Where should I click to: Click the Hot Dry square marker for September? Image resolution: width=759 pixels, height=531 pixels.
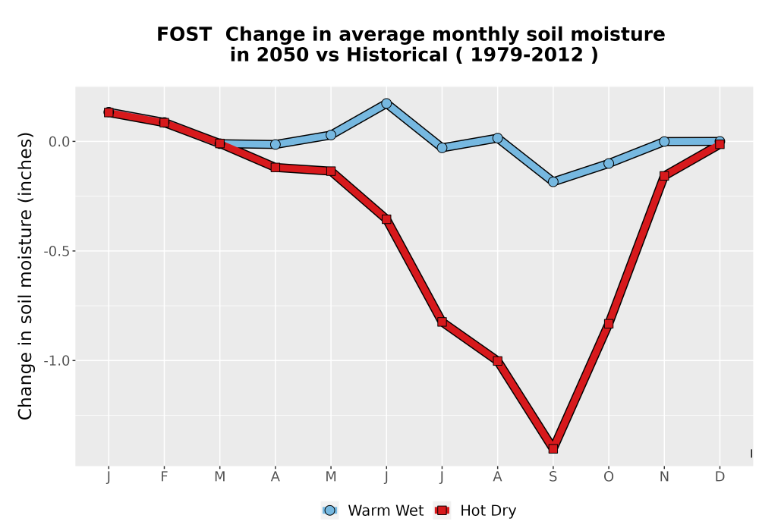pyautogui.click(x=553, y=448)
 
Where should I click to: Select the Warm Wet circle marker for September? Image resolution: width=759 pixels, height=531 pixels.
pyautogui.click(x=553, y=182)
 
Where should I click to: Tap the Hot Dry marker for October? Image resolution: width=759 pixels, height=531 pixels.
pyautogui.click(x=609, y=324)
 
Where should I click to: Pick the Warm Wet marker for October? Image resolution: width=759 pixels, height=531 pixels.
pyautogui.click(x=609, y=163)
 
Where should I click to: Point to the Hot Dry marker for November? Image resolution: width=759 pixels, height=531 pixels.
pyautogui.click(x=664, y=175)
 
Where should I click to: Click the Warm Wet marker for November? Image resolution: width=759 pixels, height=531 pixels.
pyautogui.click(x=664, y=141)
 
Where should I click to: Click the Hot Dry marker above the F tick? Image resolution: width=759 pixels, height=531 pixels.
pyautogui.click(x=164, y=122)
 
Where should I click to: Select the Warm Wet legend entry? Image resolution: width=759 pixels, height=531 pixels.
pyautogui.click(x=372, y=511)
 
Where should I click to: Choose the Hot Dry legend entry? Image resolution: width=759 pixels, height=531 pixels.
pyautogui.click(x=475, y=511)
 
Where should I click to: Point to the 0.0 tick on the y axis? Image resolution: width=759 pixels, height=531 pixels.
pyautogui.click(x=59, y=142)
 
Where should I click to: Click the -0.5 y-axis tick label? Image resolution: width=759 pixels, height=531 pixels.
pyautogui.click(x=57, y=252)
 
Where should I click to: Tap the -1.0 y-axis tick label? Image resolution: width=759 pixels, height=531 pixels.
pyautogui.click(x=57, y=361)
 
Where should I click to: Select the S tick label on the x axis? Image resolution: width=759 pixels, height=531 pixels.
pyautogui.click(x=553, y=477)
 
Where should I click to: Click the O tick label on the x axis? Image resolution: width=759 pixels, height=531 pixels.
pyautogui.click(x=609, y=477)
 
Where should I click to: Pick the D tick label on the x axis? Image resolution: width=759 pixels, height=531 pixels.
pyautogui.click(x=720, y=477)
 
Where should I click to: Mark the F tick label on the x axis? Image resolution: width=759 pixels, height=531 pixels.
pyautogui.click(x=164, y=477)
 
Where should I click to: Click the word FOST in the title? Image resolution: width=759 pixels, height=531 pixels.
pyautogui.click(x=184, y=34)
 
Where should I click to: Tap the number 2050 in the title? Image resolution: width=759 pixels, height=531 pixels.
pyautogui.click(x=282, y=55)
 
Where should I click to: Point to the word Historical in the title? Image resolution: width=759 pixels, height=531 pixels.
pyautogui.click(x=397, y=55)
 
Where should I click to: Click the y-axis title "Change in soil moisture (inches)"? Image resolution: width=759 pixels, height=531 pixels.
pyautogui.click(x=25, y=276)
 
